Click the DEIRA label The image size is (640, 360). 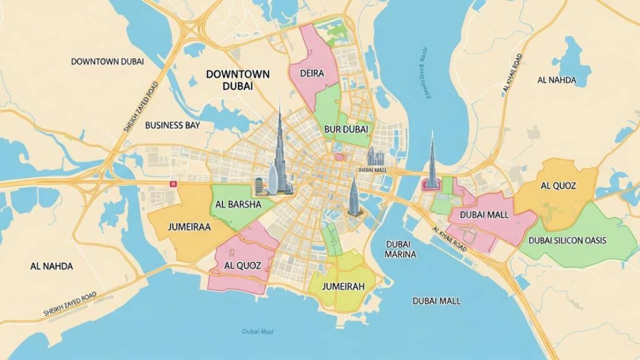312,73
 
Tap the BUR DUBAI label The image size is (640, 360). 346,129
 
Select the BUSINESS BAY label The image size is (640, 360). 172,125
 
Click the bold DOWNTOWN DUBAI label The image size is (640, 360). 237,80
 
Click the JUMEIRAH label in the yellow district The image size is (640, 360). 342,286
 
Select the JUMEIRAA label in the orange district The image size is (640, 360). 190,228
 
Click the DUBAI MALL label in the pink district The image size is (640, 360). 484,214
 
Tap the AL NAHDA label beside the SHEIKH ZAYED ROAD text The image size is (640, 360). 51,266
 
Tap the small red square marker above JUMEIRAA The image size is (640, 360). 173,184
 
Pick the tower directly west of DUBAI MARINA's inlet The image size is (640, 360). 353,197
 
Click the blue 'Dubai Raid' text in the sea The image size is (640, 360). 255,332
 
